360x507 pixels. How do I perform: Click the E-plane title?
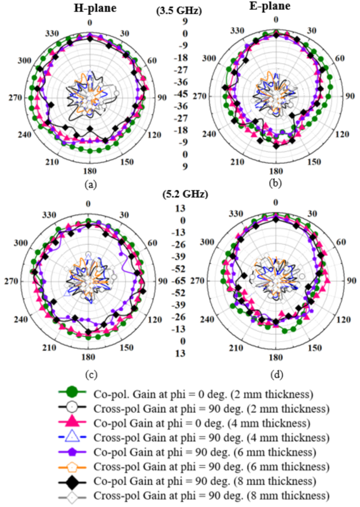click(x=276, y=7)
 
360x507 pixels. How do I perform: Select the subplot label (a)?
click(x=89, y=185)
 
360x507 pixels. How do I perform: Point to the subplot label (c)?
click(x=89, y=374)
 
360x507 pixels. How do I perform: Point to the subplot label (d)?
click(x=275, y=374)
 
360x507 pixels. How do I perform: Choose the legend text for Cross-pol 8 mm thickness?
click(x=212, y=495)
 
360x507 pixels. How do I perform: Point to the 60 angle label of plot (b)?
click(x=340, y=58)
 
